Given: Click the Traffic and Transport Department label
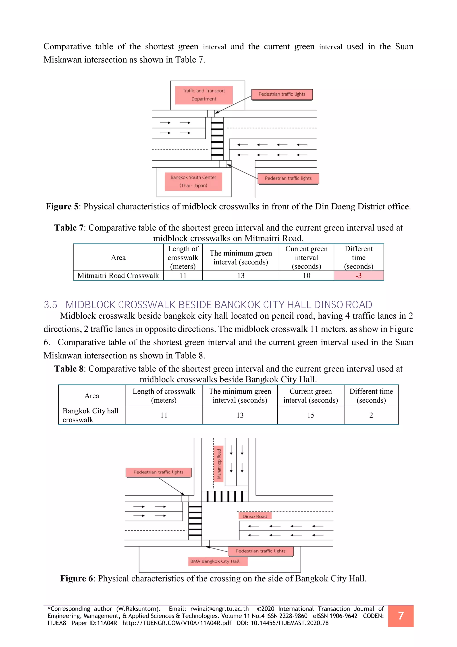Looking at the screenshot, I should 204,95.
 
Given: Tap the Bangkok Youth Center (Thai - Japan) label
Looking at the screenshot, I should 193,181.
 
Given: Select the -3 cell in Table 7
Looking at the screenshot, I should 359,276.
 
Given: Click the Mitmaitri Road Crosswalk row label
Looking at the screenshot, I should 118,276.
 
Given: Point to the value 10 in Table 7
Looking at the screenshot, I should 306,276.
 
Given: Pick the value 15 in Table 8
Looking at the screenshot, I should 311,415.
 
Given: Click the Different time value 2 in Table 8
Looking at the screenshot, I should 371,415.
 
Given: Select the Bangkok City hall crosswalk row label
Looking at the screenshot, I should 91,415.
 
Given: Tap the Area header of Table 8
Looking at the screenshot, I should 92,396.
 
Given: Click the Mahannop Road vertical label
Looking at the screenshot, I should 219,464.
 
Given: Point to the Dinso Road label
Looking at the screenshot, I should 255,516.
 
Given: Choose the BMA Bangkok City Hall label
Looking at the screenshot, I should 215,561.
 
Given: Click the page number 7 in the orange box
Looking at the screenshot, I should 401,616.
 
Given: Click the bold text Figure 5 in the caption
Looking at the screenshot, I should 62,207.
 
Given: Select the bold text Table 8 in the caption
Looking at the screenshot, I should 69,369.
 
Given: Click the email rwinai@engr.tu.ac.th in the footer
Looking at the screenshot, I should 220,609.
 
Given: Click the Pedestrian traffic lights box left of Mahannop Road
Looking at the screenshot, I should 158,472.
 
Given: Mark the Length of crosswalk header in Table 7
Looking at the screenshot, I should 183,258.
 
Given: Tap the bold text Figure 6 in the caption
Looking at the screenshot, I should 77,578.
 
